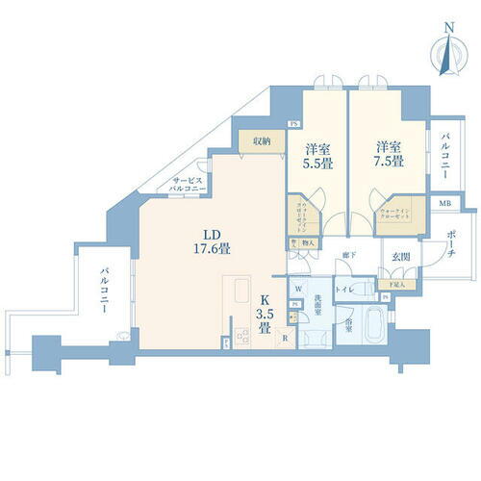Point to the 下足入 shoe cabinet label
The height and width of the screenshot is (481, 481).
point(395,285)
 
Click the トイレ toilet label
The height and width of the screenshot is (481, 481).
point(342,288)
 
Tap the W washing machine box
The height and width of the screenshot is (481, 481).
point(299,290)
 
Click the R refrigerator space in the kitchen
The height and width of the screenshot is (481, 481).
point(285,340)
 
